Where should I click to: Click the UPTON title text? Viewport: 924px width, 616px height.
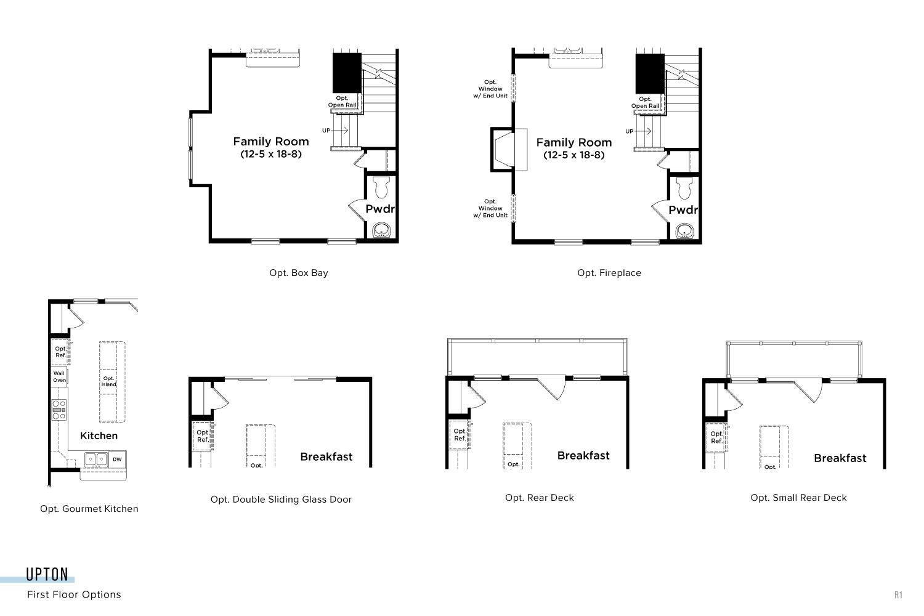(47, 574)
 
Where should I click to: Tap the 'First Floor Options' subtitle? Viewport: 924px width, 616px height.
(75, 594)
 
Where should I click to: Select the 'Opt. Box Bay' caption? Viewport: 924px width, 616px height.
(299, 273)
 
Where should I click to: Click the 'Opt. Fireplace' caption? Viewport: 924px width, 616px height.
(609, 273)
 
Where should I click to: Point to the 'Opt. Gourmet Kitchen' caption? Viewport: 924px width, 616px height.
(89, 509)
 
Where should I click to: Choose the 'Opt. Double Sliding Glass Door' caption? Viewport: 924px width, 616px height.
(281, 499)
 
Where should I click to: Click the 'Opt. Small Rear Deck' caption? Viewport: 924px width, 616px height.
(798, 498)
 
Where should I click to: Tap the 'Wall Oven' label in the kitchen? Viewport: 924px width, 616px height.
(59, 377)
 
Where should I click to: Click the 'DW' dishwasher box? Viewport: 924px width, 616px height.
(118, 459)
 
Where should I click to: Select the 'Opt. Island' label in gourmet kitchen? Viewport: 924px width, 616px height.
(109, 381)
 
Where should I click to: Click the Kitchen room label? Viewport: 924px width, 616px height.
(99, 436)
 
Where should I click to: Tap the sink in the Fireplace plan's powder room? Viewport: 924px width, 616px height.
(684, 231)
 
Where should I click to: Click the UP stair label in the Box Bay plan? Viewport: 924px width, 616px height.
(326, 131)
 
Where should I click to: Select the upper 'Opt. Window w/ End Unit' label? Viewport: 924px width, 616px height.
(490, 89)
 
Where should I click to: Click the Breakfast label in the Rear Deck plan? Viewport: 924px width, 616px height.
(583, 455)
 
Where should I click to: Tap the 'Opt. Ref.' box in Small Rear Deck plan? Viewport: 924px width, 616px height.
(716, 437)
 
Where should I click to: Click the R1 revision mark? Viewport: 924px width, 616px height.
(898, 595)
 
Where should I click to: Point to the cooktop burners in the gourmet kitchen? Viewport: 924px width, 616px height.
(59, 410)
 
